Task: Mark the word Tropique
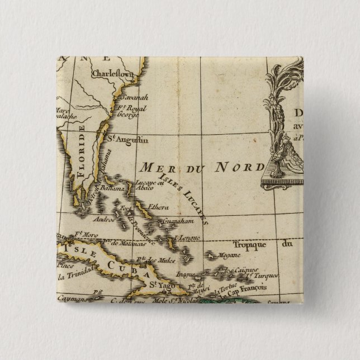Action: (250, 244)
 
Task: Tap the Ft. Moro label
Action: (79, 235)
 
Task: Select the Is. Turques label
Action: (267, 276)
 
